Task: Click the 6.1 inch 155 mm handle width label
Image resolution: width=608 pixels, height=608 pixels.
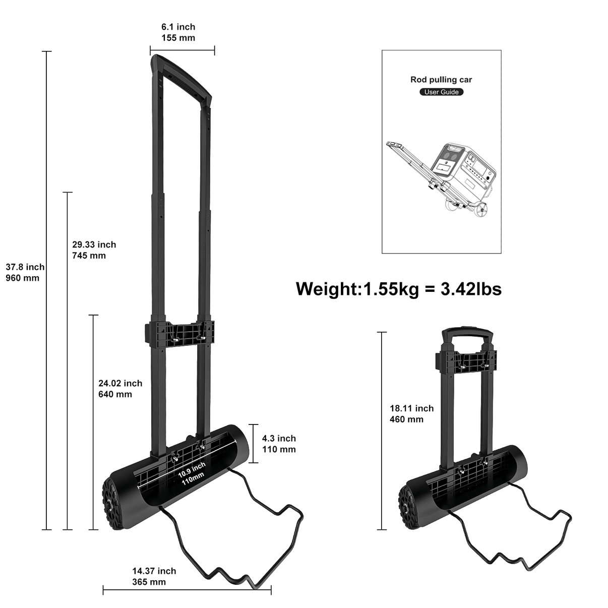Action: [x=178, y=32]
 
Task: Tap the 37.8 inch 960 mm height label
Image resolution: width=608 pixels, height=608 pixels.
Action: [x=25, y=272]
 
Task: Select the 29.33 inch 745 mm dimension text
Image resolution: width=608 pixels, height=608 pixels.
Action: [x=94, y=250]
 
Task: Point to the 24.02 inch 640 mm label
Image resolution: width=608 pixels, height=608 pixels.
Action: [x=120, y=388]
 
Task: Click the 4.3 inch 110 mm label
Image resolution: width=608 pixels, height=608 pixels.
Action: [x=279, y=444]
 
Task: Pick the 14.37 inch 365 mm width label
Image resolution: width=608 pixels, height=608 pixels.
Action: [x=154, y=576]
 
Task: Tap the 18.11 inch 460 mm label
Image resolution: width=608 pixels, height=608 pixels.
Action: [x=412, y=413]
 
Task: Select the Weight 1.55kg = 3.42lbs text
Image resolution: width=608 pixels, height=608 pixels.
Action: [x=398, y=289]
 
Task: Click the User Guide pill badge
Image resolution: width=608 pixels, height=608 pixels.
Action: [x=442, y=92]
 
